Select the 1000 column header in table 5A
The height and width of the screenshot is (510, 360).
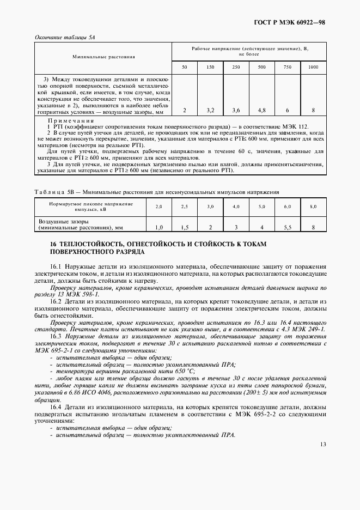pyautogui.click(x=313, y=66)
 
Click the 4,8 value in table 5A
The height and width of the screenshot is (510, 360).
pyautogui.click(x=261, y=111)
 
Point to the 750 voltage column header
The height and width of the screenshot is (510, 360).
pyautogui.click(x=287, y=66)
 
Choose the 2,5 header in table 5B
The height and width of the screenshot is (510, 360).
pyautogui.click(x=185, y=207)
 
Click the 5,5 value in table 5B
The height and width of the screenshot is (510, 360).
pyautogui.click(x=287, y=227)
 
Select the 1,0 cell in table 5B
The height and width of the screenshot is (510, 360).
pyautogui.click(x=159, y=227)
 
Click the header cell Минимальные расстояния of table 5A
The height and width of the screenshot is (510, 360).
pyautogui.click(x=103, y=57)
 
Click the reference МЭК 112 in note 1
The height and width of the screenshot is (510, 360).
pyautogui.click(x=296, y=126)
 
